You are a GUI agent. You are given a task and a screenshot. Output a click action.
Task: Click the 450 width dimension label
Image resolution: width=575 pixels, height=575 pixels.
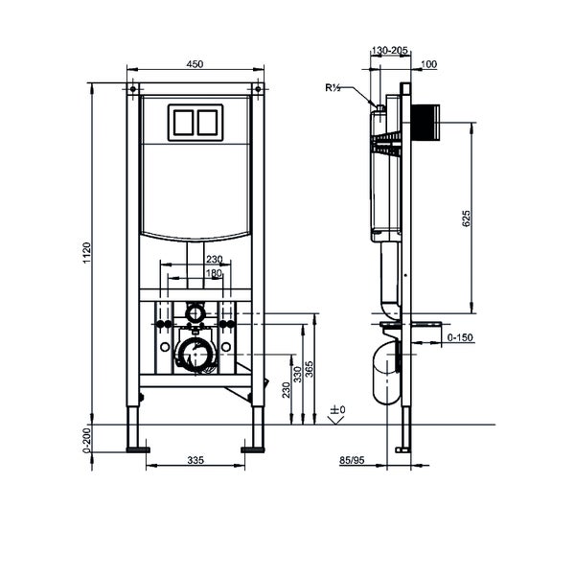pyautogui.click(x=195, y=64)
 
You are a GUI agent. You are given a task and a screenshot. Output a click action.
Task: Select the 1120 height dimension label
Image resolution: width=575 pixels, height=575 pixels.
pyautogui.click(x=87, y=252)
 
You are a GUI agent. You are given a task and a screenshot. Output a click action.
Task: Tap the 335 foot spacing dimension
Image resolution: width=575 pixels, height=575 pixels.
pyautogui.click(x=195, y=460)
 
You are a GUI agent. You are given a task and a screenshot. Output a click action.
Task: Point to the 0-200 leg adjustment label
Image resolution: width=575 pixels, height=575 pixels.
pyautogui.click(x=87, y=440)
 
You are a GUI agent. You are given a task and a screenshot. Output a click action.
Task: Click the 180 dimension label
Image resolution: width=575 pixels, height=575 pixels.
pyautogui.click(x=214, y=273)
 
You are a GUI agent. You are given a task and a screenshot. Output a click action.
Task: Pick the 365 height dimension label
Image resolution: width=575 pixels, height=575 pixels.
pyautogui.click(x=310, y=370)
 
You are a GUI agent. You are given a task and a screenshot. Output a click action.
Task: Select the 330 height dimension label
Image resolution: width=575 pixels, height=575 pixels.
pyautogui.click(x=297, y=375)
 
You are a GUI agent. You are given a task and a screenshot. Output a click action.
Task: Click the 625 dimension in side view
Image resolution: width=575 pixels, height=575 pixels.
pyautogui.click(x=466, y=218)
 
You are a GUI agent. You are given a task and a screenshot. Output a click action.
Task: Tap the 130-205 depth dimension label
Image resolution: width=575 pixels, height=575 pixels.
pyautogui.click(x=389, y=50)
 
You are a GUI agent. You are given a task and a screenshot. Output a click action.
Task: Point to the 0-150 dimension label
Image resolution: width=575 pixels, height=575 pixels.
pyautogui.click(x=460, y=337)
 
